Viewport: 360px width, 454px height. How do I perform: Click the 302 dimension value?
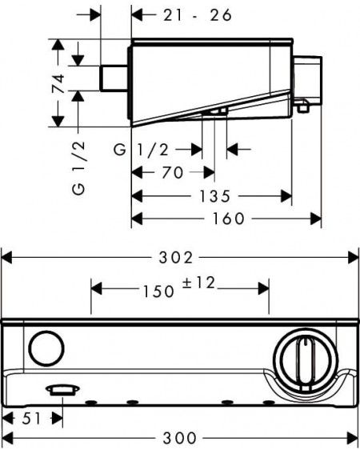coord(176,257)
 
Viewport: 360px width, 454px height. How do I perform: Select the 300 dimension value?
coord(180,438)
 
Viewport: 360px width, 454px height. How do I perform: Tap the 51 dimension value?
coord(31,419)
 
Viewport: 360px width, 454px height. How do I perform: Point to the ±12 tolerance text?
coord(198,283)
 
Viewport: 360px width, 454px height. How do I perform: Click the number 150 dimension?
coord(159,291)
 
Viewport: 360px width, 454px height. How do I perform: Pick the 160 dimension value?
coord(229,219)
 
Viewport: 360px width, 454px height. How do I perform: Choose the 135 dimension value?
coord(215,196)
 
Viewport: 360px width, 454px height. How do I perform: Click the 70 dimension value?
coord(173,173)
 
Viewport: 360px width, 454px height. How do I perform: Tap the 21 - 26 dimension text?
coord(198,15)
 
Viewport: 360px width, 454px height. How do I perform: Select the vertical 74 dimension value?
coord(58,84)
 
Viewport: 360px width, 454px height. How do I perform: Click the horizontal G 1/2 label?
coord(141,150)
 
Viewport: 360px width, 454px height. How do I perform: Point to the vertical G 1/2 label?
coord(78,167)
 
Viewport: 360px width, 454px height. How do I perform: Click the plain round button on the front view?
coord(46,348)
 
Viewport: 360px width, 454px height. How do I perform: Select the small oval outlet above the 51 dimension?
coord(62,390)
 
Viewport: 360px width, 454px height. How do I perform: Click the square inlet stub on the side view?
coord(114,78)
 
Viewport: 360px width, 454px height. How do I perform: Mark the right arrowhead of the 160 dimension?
coord(316,219)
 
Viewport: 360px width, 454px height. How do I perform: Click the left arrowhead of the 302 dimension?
coord(7,257)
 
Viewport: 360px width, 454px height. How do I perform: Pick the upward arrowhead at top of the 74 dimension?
coord(58,44)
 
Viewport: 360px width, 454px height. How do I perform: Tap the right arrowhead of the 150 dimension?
coord(264,289)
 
